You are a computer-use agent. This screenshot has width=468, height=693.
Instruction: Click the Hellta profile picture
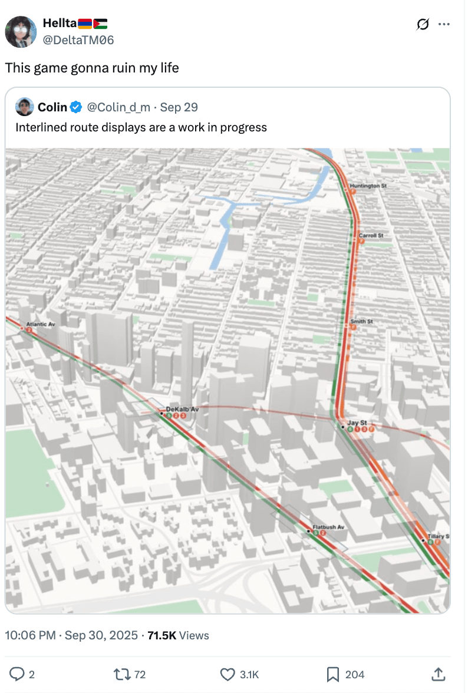pos(22,32)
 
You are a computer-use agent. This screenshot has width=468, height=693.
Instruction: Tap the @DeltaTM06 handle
pos(78,40)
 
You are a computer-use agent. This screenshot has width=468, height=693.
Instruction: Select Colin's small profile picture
pos(25,107)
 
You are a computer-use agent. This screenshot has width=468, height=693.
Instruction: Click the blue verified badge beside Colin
pos(76,107)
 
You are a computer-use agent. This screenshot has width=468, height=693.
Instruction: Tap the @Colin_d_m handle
pos(118,107)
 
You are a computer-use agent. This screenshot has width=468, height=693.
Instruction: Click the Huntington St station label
pos(368,186)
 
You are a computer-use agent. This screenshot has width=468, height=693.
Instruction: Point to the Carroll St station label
pos(371,235)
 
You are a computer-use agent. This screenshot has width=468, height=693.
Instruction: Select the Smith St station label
pos(361,322)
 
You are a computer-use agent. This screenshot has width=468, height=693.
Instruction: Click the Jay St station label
pos(357,423)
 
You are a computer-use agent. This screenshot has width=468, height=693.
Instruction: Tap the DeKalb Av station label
pos(182,409)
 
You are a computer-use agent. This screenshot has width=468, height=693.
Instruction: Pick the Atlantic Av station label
pos(40,325)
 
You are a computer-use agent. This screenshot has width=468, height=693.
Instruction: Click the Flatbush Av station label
pos(328,526)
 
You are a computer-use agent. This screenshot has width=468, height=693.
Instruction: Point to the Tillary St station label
pos(438,536)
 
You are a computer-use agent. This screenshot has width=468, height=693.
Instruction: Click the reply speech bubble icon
pos(18,674)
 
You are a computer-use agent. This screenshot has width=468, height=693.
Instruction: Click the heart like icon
pos(228,674)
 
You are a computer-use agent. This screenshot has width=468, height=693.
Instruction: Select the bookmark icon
pos(333,674)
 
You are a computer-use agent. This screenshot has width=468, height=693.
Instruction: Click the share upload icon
pos(438,674)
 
